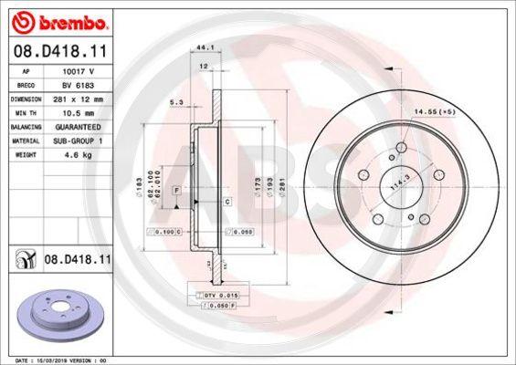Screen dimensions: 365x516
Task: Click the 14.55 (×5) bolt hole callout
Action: [435, 111]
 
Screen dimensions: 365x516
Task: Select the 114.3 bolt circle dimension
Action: [397, 183]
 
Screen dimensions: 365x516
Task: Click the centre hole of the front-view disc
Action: [394, 182]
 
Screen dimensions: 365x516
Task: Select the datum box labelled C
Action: [226, 199]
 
